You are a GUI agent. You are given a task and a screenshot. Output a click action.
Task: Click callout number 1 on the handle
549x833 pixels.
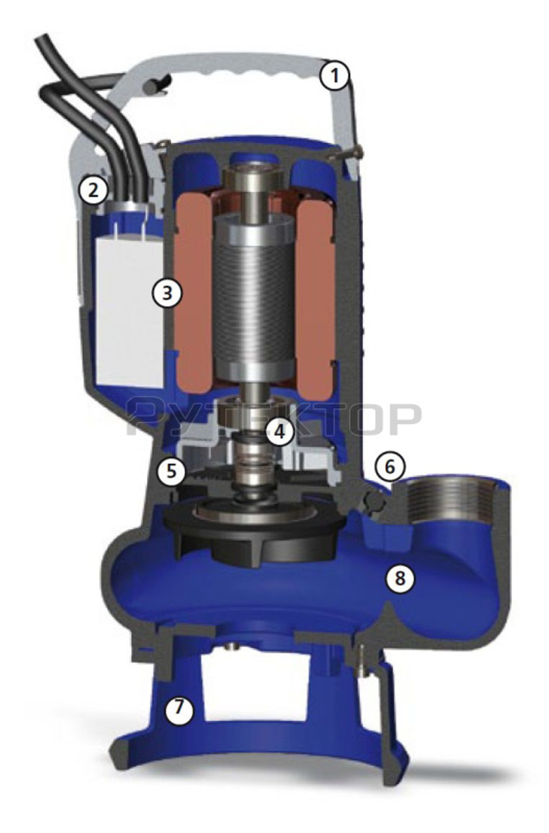334,76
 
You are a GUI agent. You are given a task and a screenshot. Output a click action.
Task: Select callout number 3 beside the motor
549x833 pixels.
166,292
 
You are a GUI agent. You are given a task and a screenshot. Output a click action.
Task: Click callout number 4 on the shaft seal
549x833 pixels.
280,431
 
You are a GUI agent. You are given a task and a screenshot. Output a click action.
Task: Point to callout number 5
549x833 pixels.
171,471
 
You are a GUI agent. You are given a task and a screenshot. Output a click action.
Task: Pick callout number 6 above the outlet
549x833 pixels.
390,466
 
